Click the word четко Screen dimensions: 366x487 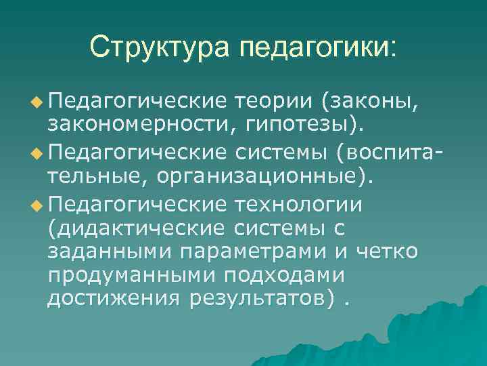click(388, 251)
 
